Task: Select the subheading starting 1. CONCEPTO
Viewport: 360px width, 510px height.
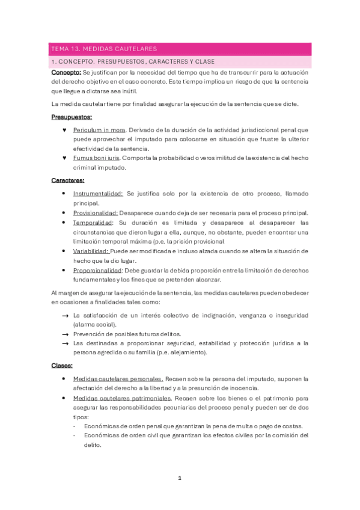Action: click(x=133, y=62)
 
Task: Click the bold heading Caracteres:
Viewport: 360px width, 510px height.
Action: click(x=68, y=180)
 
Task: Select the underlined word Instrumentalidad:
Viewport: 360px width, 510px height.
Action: click(x=98, y=194)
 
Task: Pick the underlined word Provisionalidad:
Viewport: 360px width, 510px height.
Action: click(x=96, y=213)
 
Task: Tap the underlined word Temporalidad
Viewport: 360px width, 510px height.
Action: click(x=93, y=223)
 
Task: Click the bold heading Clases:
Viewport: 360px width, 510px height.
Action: click(x=63, y=365)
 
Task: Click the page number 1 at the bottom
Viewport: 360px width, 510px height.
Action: click(x=179, y=478)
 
